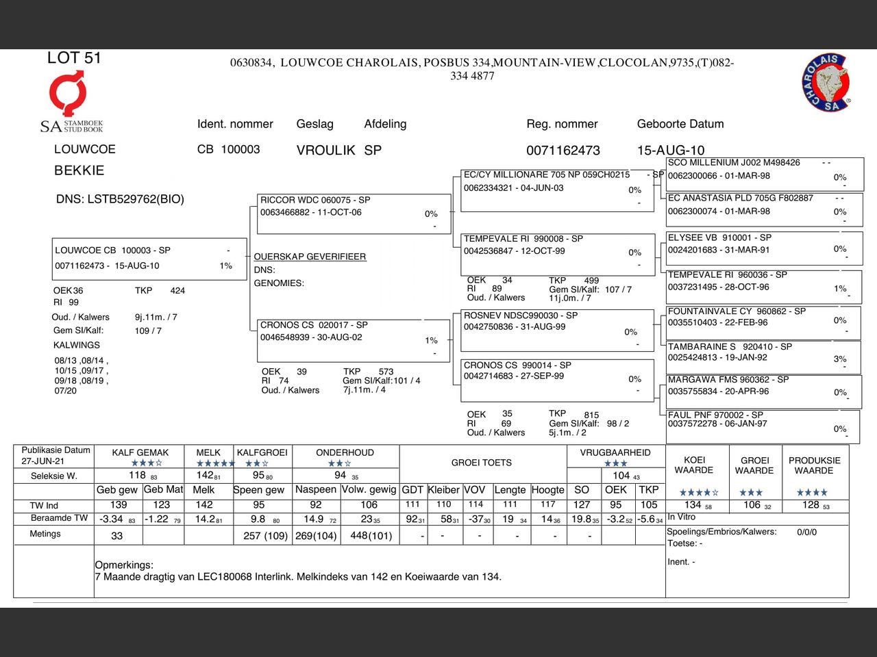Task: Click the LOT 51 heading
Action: tap(74, 58)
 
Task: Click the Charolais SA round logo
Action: tap(826, 83)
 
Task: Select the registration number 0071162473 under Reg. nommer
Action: tap(563, 151)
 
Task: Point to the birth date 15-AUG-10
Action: tap(670, 151)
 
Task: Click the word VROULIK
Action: tap(325, 151)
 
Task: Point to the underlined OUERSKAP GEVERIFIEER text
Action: tap(310, 257)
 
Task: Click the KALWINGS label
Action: tap(77, 345)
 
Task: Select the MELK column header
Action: tap(208, 452)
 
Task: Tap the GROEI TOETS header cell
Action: tap(481, 463)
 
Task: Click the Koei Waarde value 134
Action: tap(693, 505)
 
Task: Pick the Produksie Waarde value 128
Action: tap(811, 505)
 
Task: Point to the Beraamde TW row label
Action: tap(59, 518)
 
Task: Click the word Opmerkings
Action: tap(124, 565)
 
